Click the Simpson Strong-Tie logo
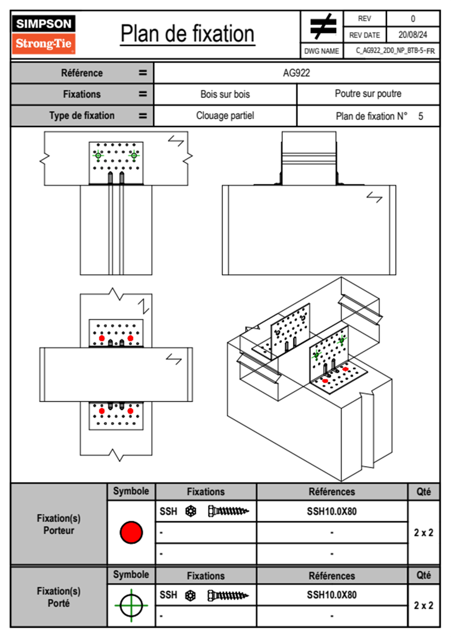tap(44, 35)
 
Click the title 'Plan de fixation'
tap(187, 34)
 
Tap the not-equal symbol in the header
tap(323, 27)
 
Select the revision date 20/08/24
tap(412, 35)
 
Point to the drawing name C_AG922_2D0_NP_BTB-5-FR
tap(395, 51)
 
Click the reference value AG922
tap(296, 73)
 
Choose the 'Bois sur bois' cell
tap(225, 94)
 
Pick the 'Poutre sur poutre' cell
tap(368, 94)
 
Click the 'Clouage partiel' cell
tap(225, 116)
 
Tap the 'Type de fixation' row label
tap(82, 116)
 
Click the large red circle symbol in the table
tap(131, 532)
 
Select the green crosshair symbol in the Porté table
tap(131, 605)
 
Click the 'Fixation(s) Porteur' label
tap(59, 524)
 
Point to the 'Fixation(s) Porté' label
tap(59, 597)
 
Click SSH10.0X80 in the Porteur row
tap(332, 511)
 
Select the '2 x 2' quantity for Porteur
tap(423, 533)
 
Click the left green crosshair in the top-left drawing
tap(98, 155)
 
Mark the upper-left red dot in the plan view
tap(102, 338)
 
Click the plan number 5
tap(421, 116)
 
